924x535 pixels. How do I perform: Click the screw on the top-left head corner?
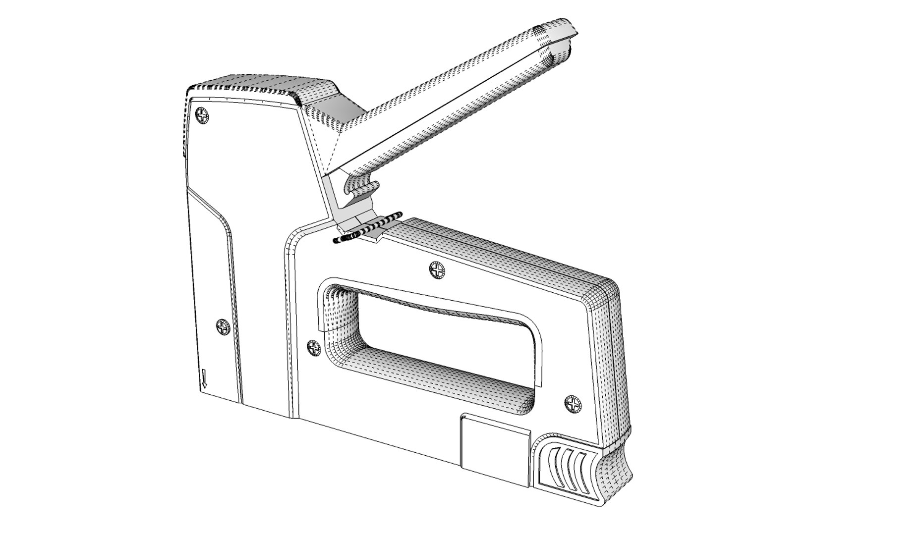tap(202, 116)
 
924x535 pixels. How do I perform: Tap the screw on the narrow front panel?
tap(223, 327)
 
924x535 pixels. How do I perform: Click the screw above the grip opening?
tap(437, 270)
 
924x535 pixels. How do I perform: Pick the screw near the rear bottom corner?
tap(574, 403)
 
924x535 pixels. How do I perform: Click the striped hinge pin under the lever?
tap(368, 229)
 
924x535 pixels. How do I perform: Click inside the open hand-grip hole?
tap(446, 342)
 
